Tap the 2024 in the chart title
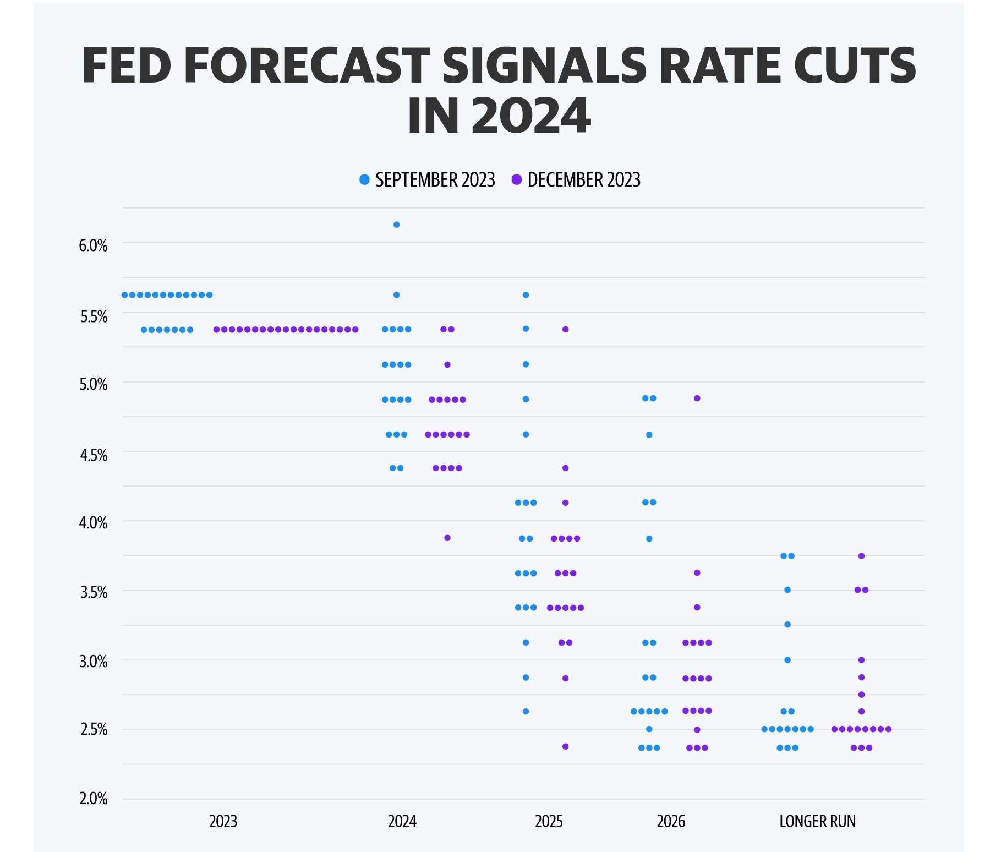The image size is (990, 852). [x=530, y=116]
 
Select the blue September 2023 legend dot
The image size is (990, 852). [x=364, y=180]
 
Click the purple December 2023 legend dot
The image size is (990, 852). [x=516, y=180]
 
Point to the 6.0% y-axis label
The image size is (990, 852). [x=93, y=245]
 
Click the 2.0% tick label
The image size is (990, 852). [x=93, y=799]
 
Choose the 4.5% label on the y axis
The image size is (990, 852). [x=93, y=455]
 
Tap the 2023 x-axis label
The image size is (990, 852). [x=223, y=822]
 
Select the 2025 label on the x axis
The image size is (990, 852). [x=549, y=822]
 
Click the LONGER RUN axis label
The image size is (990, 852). [x=817, y=822]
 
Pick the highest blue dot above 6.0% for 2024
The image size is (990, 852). [x=396, y=225]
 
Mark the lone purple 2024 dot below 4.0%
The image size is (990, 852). [x=447, y=538]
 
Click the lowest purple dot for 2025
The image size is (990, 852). [x=565, y=746]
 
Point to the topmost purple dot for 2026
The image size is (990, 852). [x=697, y=398]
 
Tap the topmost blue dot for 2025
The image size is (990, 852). [x=526, y=295]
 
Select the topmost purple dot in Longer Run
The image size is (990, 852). [x=861, y=556]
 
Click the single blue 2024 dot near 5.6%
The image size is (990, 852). [x=396, y=295]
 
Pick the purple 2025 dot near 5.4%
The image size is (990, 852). [x=565, y=329]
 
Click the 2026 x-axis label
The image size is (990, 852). [x=671, y=822]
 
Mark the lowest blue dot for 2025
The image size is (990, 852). [x=526, y=712]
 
